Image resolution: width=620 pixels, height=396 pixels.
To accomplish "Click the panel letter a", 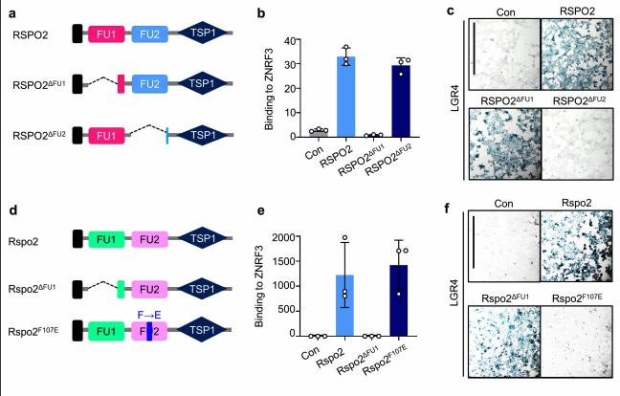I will [8, 9].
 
